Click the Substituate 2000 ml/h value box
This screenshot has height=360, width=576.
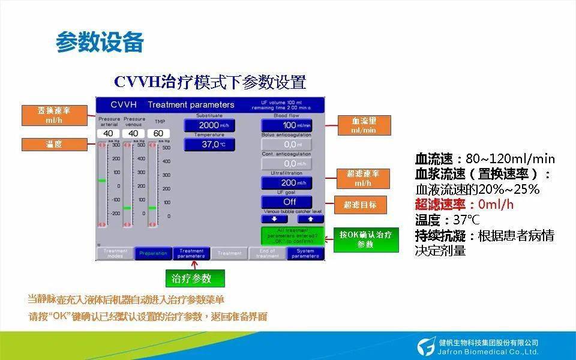(x=209, y=125)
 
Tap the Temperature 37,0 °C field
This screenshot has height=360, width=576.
(x=209, y=144)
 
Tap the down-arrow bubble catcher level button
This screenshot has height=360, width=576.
(x=274, y=220)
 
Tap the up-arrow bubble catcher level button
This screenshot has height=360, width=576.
(x=310, y=220)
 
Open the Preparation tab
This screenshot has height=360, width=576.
(x=153, y=253)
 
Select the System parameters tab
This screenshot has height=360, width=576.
(x=305, y=253)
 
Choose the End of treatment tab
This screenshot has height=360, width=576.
(x=267, y=253)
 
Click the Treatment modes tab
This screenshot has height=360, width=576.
(x=115, y=253)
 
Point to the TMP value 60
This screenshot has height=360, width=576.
(x=158, y=133)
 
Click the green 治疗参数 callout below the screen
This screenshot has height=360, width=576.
(x=196, y=278)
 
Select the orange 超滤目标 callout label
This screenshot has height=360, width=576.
(x=360, y=205)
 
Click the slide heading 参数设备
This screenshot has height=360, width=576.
(x=100, y=43)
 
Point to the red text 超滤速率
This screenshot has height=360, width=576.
(x=437, y=205)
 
